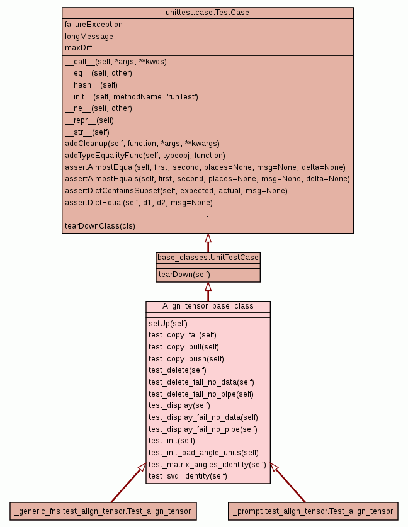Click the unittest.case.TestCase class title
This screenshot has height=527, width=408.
pyautogui.click(x=207, y=13)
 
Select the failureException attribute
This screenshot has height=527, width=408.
pyautogui.click(x=94, y=25)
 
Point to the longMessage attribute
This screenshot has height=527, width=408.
pyautogui.click(x=89, y=37)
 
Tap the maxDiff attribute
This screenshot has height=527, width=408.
pyautogui.click(x=79, y=48)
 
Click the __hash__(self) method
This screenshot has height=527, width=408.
pyautogui.click(x=91, y=85)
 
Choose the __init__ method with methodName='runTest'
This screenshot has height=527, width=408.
pyautogui.click(x=132, y=97)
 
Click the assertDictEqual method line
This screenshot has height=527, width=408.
pyautogui.click(x=139, y=203)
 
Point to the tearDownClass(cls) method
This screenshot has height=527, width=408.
pyautogui.click(x=100, y=225)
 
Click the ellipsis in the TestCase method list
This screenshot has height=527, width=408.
pyautogui.click(x=207, y=215)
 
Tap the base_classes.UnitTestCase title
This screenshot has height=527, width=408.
pyautogui.click(x=208, y=258)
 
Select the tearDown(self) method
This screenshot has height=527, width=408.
pyautogui.click(x=184, y=274)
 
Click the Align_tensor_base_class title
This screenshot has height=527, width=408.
pyautogui.click(x=208, y=306)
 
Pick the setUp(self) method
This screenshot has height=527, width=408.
pyautogui.click(x=168, y=323)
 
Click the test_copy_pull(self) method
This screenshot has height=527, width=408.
pyautogui.click(x=184, y=346)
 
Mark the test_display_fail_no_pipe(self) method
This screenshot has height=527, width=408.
pyautogui.click(x=203, y=429)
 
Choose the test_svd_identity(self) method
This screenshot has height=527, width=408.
pyautogui.click(x=188, y=476)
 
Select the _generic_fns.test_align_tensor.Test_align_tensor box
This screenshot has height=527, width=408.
pyautogui.click(x=103, y=511)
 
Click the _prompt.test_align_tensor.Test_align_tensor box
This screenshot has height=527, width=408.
pyautogui.click(x=312, y=511)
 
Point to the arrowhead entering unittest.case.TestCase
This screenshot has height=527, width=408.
pyautogui.click(x=208, y=239)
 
